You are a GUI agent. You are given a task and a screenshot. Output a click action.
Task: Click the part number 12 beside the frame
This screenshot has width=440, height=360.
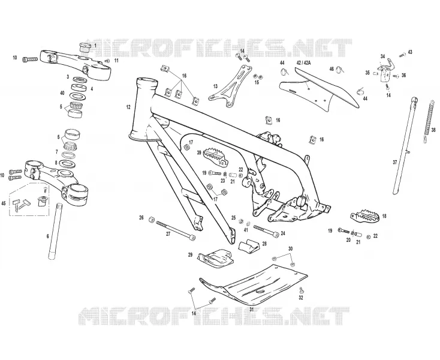tap(128, 107)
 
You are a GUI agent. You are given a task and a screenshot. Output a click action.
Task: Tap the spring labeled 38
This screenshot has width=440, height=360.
tap(427, 122)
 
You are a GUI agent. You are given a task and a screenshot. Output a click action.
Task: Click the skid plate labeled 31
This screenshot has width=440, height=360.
tap(254, 285)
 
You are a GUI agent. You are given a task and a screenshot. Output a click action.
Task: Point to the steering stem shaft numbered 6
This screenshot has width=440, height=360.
tap(55, 232)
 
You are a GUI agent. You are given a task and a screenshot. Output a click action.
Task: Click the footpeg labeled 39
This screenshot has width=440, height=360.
tap(216, 155)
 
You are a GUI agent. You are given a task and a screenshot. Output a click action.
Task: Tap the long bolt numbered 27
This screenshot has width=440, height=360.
tap(175, 229)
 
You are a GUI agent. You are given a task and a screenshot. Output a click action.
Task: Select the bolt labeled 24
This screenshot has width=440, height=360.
tap(266, 230)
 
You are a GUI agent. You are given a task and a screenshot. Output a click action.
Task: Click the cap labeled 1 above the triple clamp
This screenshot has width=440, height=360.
tap(84, 47)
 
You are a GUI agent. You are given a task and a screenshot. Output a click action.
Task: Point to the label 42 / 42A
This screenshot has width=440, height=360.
tap(303, 63)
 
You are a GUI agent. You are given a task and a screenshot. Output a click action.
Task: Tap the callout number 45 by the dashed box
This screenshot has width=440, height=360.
tap(4, 203)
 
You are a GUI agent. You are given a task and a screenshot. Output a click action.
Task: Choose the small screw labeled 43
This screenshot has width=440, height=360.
tap(402, 55)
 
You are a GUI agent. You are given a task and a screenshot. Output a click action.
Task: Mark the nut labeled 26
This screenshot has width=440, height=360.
tap(152, 220)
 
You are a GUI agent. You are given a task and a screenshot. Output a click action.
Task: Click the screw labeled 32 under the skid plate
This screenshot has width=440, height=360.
tap(302, 290)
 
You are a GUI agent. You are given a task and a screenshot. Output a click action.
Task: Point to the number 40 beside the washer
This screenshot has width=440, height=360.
tap(62, 93)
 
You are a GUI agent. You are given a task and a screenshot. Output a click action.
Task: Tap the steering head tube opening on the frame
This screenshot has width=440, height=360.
tap(147, 82)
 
